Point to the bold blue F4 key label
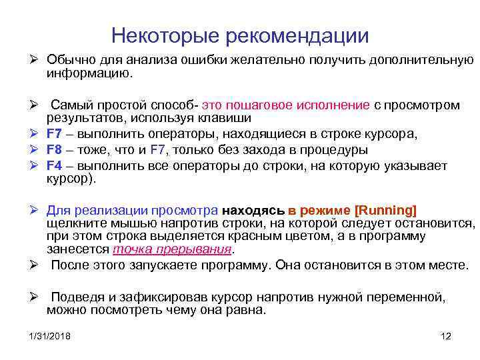click(54, 165)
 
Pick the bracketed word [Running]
click(386, 211)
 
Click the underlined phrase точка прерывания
click(173, 249)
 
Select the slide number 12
click(447, 336)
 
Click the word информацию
click(89, 75)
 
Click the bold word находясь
click(258, 211)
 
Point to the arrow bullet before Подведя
click(33, 297)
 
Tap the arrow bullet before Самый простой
click(33, 105)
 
